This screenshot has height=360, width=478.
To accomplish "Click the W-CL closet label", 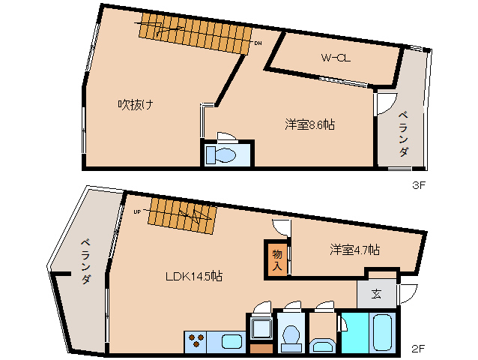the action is (x=336, y=58).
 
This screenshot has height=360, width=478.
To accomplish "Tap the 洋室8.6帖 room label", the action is (x=309, y=124).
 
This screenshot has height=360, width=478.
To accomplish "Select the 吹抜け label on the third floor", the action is (x=136, y=105).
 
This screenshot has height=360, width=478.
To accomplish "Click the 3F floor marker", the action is (x=418, y=185).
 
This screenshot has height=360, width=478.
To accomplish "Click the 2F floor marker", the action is (x=418, y=349).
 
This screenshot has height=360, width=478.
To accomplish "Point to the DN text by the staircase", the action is (x=258, y=43).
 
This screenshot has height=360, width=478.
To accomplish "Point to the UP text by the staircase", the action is (x=138, y=211).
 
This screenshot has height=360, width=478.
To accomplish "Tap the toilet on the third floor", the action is (x=221, y=154).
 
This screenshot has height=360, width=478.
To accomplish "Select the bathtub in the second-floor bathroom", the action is (x=382, y=333).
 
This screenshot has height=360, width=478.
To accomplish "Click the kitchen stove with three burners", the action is (x=196, y=342).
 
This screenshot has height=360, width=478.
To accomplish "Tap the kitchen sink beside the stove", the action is (x=232, y=342).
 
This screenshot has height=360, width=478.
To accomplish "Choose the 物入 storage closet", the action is (x=276, y=260).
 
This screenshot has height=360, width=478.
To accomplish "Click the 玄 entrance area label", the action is (x=376, y=294).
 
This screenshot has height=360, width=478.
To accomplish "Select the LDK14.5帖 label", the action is (x=193, y=277).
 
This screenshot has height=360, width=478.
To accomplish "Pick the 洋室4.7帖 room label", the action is (x=354, y=250).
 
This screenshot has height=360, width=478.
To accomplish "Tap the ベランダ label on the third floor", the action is (x=404, y=134).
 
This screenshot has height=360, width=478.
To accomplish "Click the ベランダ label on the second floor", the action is (x=86, y=262).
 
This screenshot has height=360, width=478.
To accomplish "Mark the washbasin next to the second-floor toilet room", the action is (x=323, y=346).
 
